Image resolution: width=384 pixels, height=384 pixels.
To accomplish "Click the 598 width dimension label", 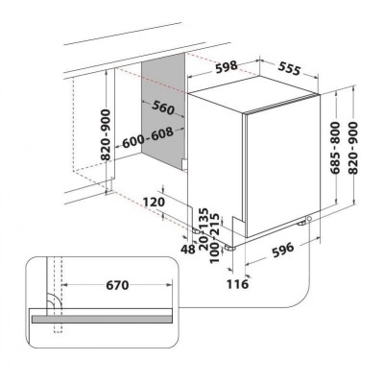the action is click(x=227, y=67).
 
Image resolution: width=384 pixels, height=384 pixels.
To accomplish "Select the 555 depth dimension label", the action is click(x=290, y=68).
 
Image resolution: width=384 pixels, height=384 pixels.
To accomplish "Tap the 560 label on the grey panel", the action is click(x=163, y=108).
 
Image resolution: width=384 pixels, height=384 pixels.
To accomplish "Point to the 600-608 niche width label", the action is click(x=148, y=138).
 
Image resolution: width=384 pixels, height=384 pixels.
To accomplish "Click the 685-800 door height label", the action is click(x=335, y=148).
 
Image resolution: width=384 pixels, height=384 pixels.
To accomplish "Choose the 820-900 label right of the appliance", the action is click(x=353, y=148).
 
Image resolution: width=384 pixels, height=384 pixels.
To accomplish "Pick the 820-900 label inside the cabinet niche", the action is click(x=106, y=134).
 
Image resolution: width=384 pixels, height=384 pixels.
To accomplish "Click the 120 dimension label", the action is click(x=154, y=202).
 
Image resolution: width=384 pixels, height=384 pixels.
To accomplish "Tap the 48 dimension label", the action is click(x=187, y=249).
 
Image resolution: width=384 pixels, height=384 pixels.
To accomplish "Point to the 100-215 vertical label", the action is click(x=215, y=238).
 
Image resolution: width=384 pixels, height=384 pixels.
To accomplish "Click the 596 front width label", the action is click(x=282, y=250).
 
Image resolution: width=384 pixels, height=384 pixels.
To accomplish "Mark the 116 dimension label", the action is click(x=237, y=284).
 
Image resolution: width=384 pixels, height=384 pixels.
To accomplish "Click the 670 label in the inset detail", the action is click(x=117, y=285).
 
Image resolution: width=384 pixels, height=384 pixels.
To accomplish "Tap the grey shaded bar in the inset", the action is click(x=102, y=319).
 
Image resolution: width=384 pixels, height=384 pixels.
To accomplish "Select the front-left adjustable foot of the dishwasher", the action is click(x=229, y=248).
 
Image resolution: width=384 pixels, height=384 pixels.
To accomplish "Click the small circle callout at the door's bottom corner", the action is click(x=309, y=219).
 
